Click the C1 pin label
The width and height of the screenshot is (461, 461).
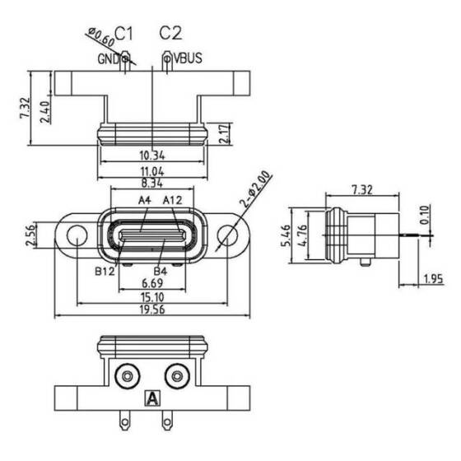[124, 33]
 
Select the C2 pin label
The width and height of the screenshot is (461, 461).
[170, 33]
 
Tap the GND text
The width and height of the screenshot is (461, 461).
[108, 59]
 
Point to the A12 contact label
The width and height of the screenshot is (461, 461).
[173, 200]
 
